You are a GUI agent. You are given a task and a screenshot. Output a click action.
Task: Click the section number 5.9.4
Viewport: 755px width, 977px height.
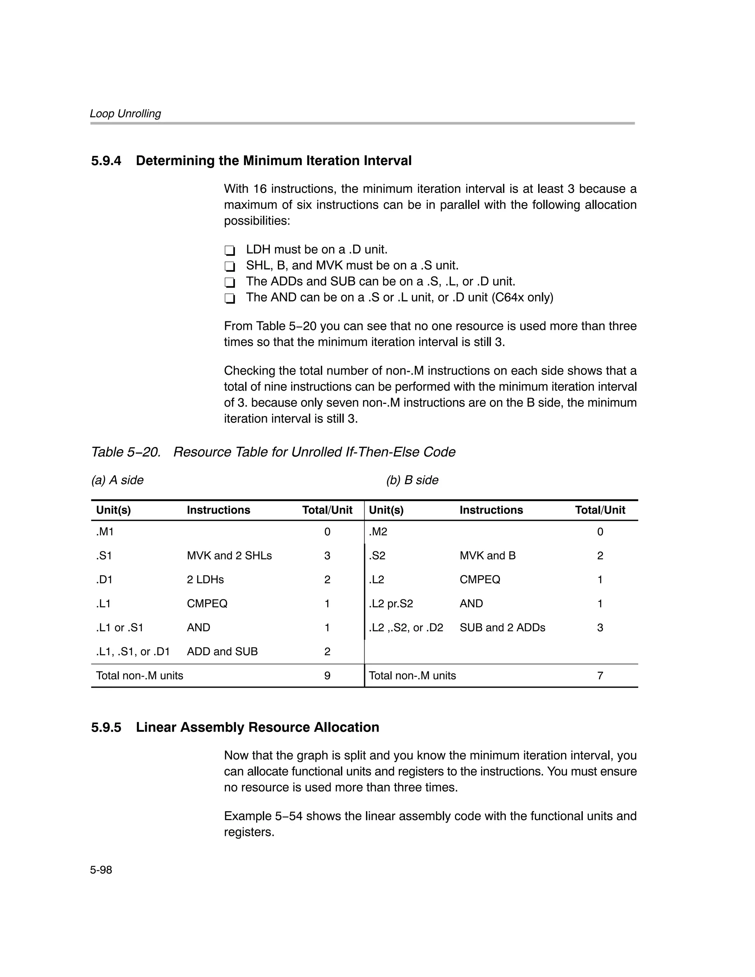click(x=106, y=161)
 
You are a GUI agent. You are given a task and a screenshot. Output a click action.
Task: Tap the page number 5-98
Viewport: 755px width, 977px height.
click(x=101, y=870)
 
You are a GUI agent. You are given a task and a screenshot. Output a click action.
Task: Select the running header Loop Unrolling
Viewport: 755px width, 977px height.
click(x=125, y=114)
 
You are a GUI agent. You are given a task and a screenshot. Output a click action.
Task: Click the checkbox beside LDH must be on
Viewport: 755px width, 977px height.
click(x=230, y=251)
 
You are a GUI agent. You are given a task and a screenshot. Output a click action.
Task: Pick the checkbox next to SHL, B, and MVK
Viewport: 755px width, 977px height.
click(x=230, y=266)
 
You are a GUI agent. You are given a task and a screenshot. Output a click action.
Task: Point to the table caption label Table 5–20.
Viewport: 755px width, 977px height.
click(x=126, y=452)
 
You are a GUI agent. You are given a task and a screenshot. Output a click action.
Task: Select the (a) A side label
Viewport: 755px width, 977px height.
click(x=117, y=480)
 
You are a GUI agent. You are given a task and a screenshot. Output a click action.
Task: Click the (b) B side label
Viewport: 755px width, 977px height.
click(x=412, y=480)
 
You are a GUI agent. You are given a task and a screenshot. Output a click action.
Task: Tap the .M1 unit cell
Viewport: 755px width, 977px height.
click(x=105, y=532)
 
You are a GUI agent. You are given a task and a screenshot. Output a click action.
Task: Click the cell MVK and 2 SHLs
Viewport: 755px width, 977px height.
click(x=229, y=556)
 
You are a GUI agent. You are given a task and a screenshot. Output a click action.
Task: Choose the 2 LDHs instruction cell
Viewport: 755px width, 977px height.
click(x=205, y=580)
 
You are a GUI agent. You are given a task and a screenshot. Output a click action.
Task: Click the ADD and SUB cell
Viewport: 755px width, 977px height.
click(x=222, y=652)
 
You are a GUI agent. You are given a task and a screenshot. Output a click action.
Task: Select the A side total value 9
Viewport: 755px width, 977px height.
click(x=327, y=676)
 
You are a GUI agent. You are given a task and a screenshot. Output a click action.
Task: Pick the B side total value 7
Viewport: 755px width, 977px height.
click(x=600, y=676)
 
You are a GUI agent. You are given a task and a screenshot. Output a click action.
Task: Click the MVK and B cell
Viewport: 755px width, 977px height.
click(x=487, y=556)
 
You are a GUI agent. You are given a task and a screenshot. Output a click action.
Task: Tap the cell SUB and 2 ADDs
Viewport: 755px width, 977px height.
click(x=502, y=628)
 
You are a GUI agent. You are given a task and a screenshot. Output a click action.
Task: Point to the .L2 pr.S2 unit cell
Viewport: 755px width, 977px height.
click(x=391, y=604)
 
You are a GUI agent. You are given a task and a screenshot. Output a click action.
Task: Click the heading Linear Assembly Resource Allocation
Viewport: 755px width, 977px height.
click(x=257, y=727)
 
